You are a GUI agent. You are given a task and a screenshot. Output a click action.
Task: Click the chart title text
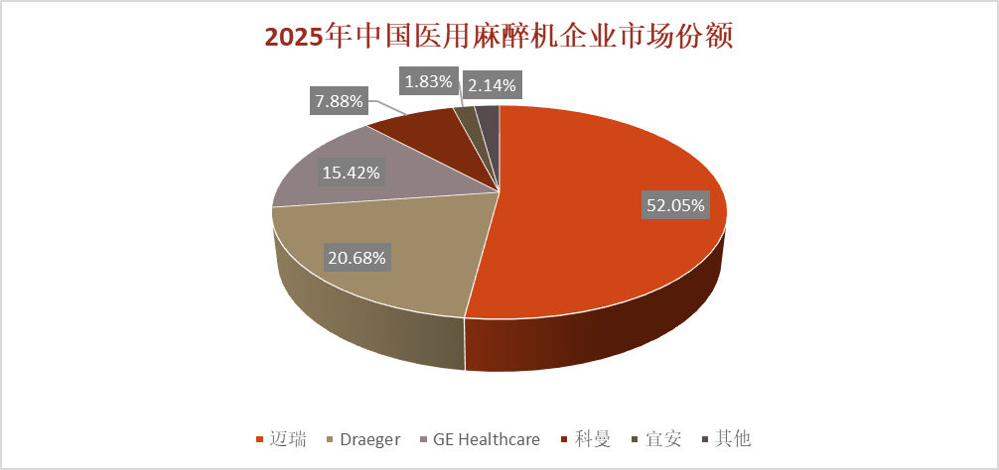[x=499, y=37]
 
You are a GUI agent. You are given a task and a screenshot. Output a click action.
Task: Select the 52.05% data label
[x=675, y=206]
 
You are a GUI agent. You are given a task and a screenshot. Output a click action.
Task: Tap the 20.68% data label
[x=357, y=258]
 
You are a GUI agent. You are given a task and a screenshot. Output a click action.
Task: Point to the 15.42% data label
[x=351, y=172]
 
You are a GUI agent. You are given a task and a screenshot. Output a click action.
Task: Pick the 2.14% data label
[x=491, y=85]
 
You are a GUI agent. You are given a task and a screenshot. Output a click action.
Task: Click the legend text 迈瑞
[x=289, y=438]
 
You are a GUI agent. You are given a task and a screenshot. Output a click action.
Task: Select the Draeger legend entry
[x=368, y=438]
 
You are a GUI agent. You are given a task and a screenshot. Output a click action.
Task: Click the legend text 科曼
[x=592, y=438]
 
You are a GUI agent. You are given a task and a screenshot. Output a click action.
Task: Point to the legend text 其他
[x=734, y=438]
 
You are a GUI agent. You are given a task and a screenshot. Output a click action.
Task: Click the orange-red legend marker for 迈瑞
[x=261, y=439]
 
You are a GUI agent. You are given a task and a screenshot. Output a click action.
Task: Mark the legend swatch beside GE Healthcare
[x=425, y=439]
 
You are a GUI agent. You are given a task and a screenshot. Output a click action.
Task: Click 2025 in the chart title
[x=295, y=37]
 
